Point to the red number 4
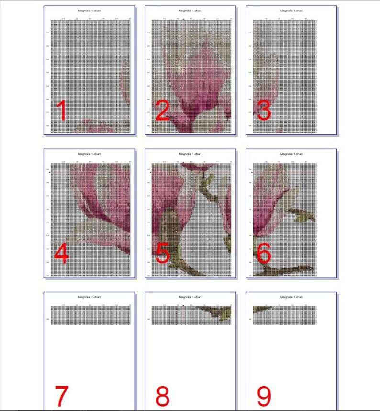[61, 254]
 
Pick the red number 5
[163, 254]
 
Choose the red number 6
[264, 254]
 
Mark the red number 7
[62, 396]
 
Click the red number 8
[163, 396]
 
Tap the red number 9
[264, 396]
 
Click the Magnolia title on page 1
[89, 10]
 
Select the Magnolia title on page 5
[190, 154]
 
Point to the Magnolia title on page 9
[291, 297]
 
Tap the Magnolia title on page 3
[291, 10]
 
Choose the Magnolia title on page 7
[89, 297]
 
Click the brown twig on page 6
[287, 271]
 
